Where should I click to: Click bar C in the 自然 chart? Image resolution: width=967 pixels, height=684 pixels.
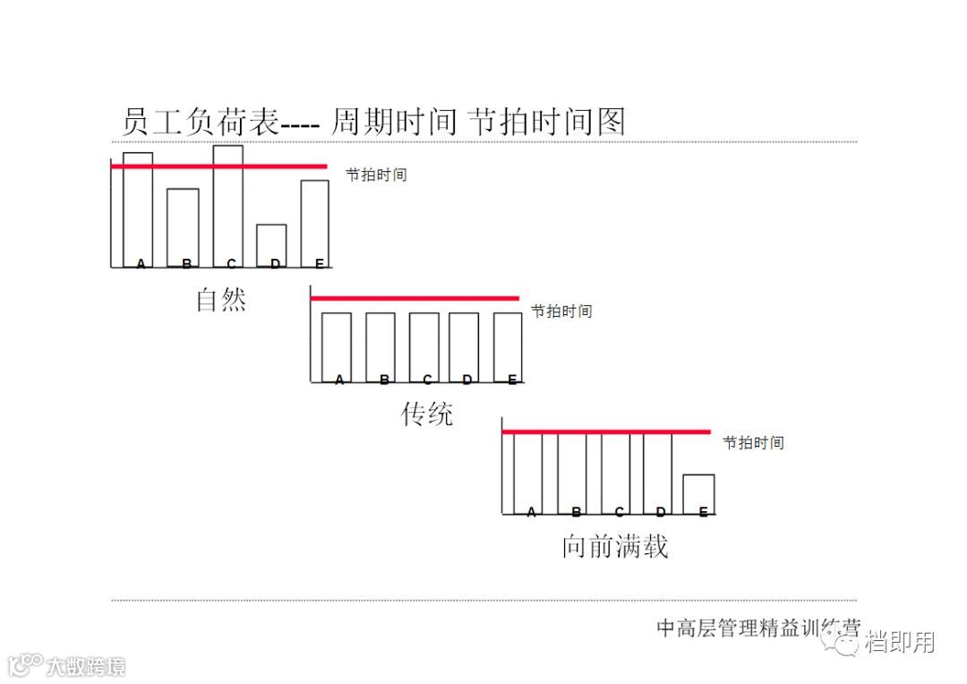click(x=227, y=206)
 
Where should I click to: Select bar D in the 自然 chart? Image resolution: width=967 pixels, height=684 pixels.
click(x=271, y=244)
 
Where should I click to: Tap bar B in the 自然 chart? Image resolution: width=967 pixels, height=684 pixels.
click(x=183, y=227)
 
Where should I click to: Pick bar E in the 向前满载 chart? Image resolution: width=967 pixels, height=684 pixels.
click(x=698, y=493)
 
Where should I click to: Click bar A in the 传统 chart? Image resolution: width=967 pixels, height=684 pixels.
click(x=336, y=346)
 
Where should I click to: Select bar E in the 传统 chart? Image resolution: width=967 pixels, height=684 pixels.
click(x=507, y=346)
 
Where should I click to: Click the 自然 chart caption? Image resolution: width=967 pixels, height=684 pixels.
click(x=220, y=299)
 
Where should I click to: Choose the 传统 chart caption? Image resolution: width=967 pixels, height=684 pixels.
click(x=426, y=414)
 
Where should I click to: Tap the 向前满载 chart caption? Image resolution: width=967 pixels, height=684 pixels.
click(x=614, y=546)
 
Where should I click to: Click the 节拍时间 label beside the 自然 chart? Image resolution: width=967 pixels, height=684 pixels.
click(x=376, y=175)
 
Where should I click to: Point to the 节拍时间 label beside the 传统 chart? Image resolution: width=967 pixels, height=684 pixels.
click(x=561, y=311)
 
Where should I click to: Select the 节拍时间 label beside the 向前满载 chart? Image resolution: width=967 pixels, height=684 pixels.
click(x=753, y=442)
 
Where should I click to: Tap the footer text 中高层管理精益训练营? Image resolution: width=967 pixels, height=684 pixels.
click(x=757, y=628)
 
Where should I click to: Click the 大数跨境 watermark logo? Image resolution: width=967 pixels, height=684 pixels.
click(x=66, y=665)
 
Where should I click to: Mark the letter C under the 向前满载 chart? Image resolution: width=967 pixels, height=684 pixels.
click(x=619, y=512)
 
